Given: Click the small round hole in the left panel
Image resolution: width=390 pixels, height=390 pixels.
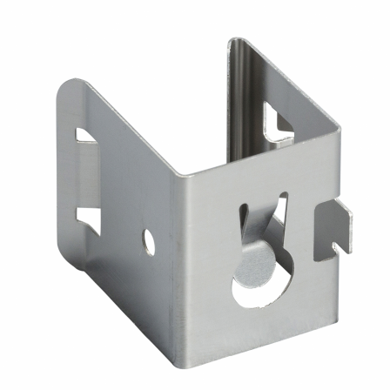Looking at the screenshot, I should pyautogui.click(x=149, y=241).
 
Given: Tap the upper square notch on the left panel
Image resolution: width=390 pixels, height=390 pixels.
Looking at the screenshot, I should pyautogui.click(x=87, y=138).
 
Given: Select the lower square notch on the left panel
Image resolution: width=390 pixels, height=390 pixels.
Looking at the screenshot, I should pyautogui.click(x=88, y=215).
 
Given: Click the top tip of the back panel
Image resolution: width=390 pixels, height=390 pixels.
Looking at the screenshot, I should pyautogui.click(x=235, y=41).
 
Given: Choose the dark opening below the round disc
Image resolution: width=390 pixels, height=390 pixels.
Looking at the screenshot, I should pyautogui.click(x=252, y=292).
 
